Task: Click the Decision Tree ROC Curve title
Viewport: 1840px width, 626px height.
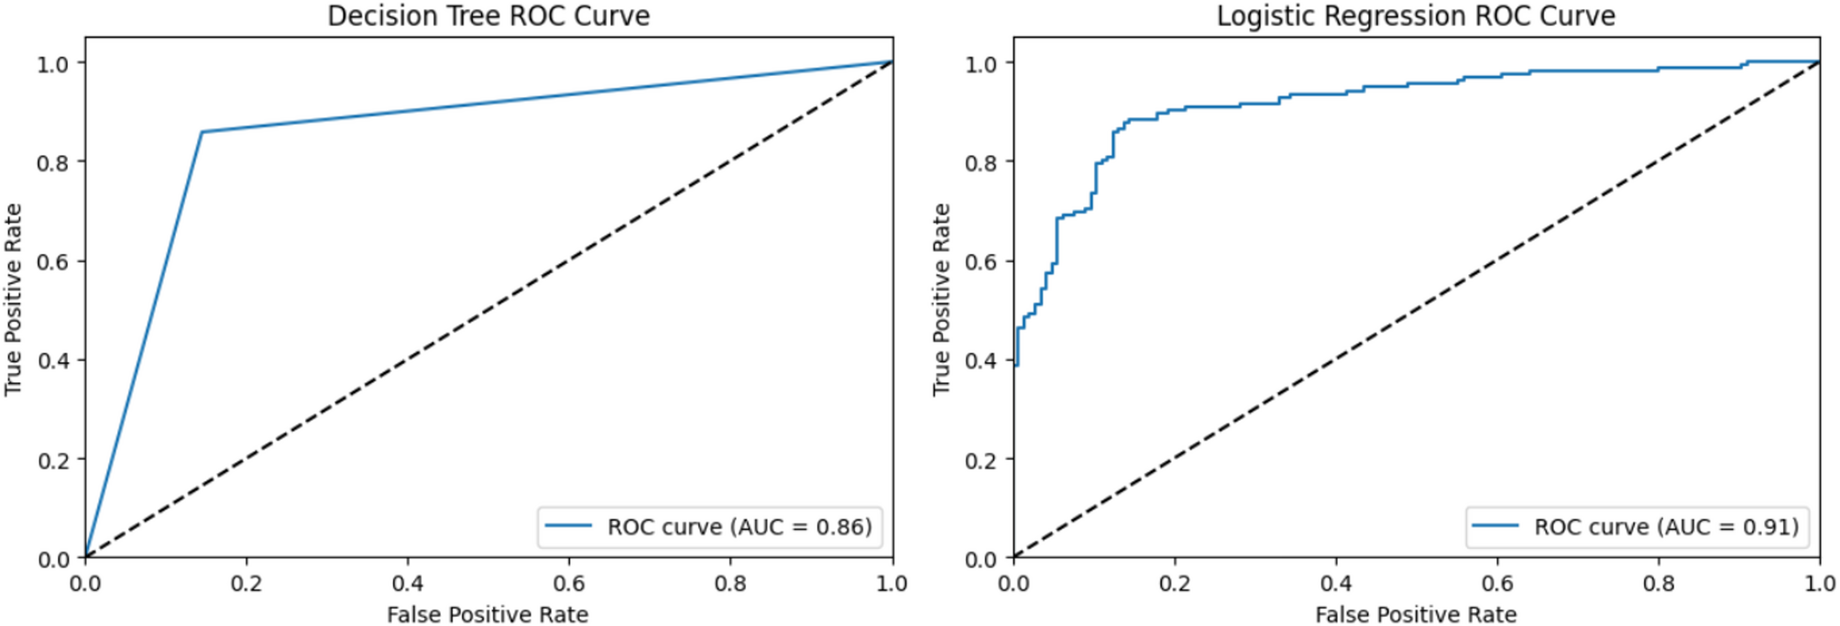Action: click(488, 16)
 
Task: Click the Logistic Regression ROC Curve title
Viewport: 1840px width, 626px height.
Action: click(1416, 16)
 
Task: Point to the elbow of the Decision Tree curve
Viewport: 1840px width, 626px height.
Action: click(202, 132)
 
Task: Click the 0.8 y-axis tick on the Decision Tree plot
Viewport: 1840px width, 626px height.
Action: click(52, 162)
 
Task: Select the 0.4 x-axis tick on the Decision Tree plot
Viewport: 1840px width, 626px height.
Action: click(408, 584)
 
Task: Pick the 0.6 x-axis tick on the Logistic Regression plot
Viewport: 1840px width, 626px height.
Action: click(1497, 584)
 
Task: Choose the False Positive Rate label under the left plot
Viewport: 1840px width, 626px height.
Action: click(487, 614)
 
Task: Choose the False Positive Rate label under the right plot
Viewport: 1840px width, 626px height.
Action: click(1416, 614)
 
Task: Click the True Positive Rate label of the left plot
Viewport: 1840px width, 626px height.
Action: click(13, 300)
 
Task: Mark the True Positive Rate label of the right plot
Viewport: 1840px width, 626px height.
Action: click(941, 300)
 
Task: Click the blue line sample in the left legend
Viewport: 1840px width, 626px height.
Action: click(568, 526)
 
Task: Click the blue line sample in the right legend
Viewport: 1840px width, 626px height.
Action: click(1495, 526)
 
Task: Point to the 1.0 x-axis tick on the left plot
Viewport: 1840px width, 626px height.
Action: click(892, 584)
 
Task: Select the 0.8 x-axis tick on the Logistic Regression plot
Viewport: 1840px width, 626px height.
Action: click(1659, 584)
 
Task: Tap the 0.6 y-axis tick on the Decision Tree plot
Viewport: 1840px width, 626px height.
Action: click(52, 261)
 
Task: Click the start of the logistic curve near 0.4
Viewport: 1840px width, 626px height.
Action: click(1015, 365)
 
